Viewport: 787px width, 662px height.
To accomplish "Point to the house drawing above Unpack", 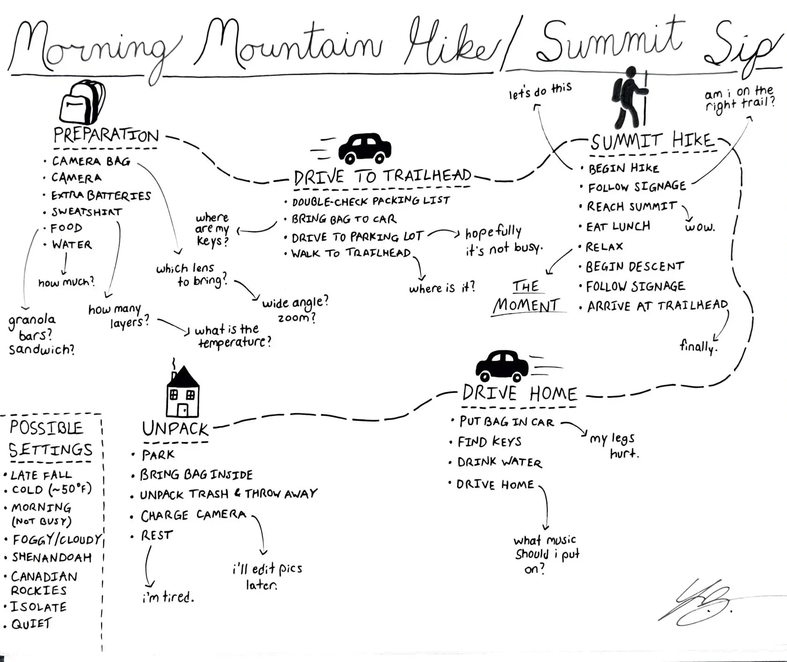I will pos(183,392).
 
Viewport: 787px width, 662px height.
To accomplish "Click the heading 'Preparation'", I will pos(106,136).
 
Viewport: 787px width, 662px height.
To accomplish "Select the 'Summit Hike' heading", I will pos(652,141).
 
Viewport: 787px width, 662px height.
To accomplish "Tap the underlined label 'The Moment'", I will pos(526,296).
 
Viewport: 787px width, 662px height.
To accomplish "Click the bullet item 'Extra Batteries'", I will pos(101,195).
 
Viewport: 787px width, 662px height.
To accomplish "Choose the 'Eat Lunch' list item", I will pos(618,227).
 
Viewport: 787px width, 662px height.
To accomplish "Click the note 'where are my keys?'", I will pos(212,230).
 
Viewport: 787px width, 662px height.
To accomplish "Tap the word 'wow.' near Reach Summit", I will pos(699,228).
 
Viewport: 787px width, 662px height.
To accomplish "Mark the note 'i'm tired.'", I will pos(168,597).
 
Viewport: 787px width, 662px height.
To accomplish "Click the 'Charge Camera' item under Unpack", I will pos(193,515).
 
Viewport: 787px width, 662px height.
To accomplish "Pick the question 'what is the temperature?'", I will pos(233,336).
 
